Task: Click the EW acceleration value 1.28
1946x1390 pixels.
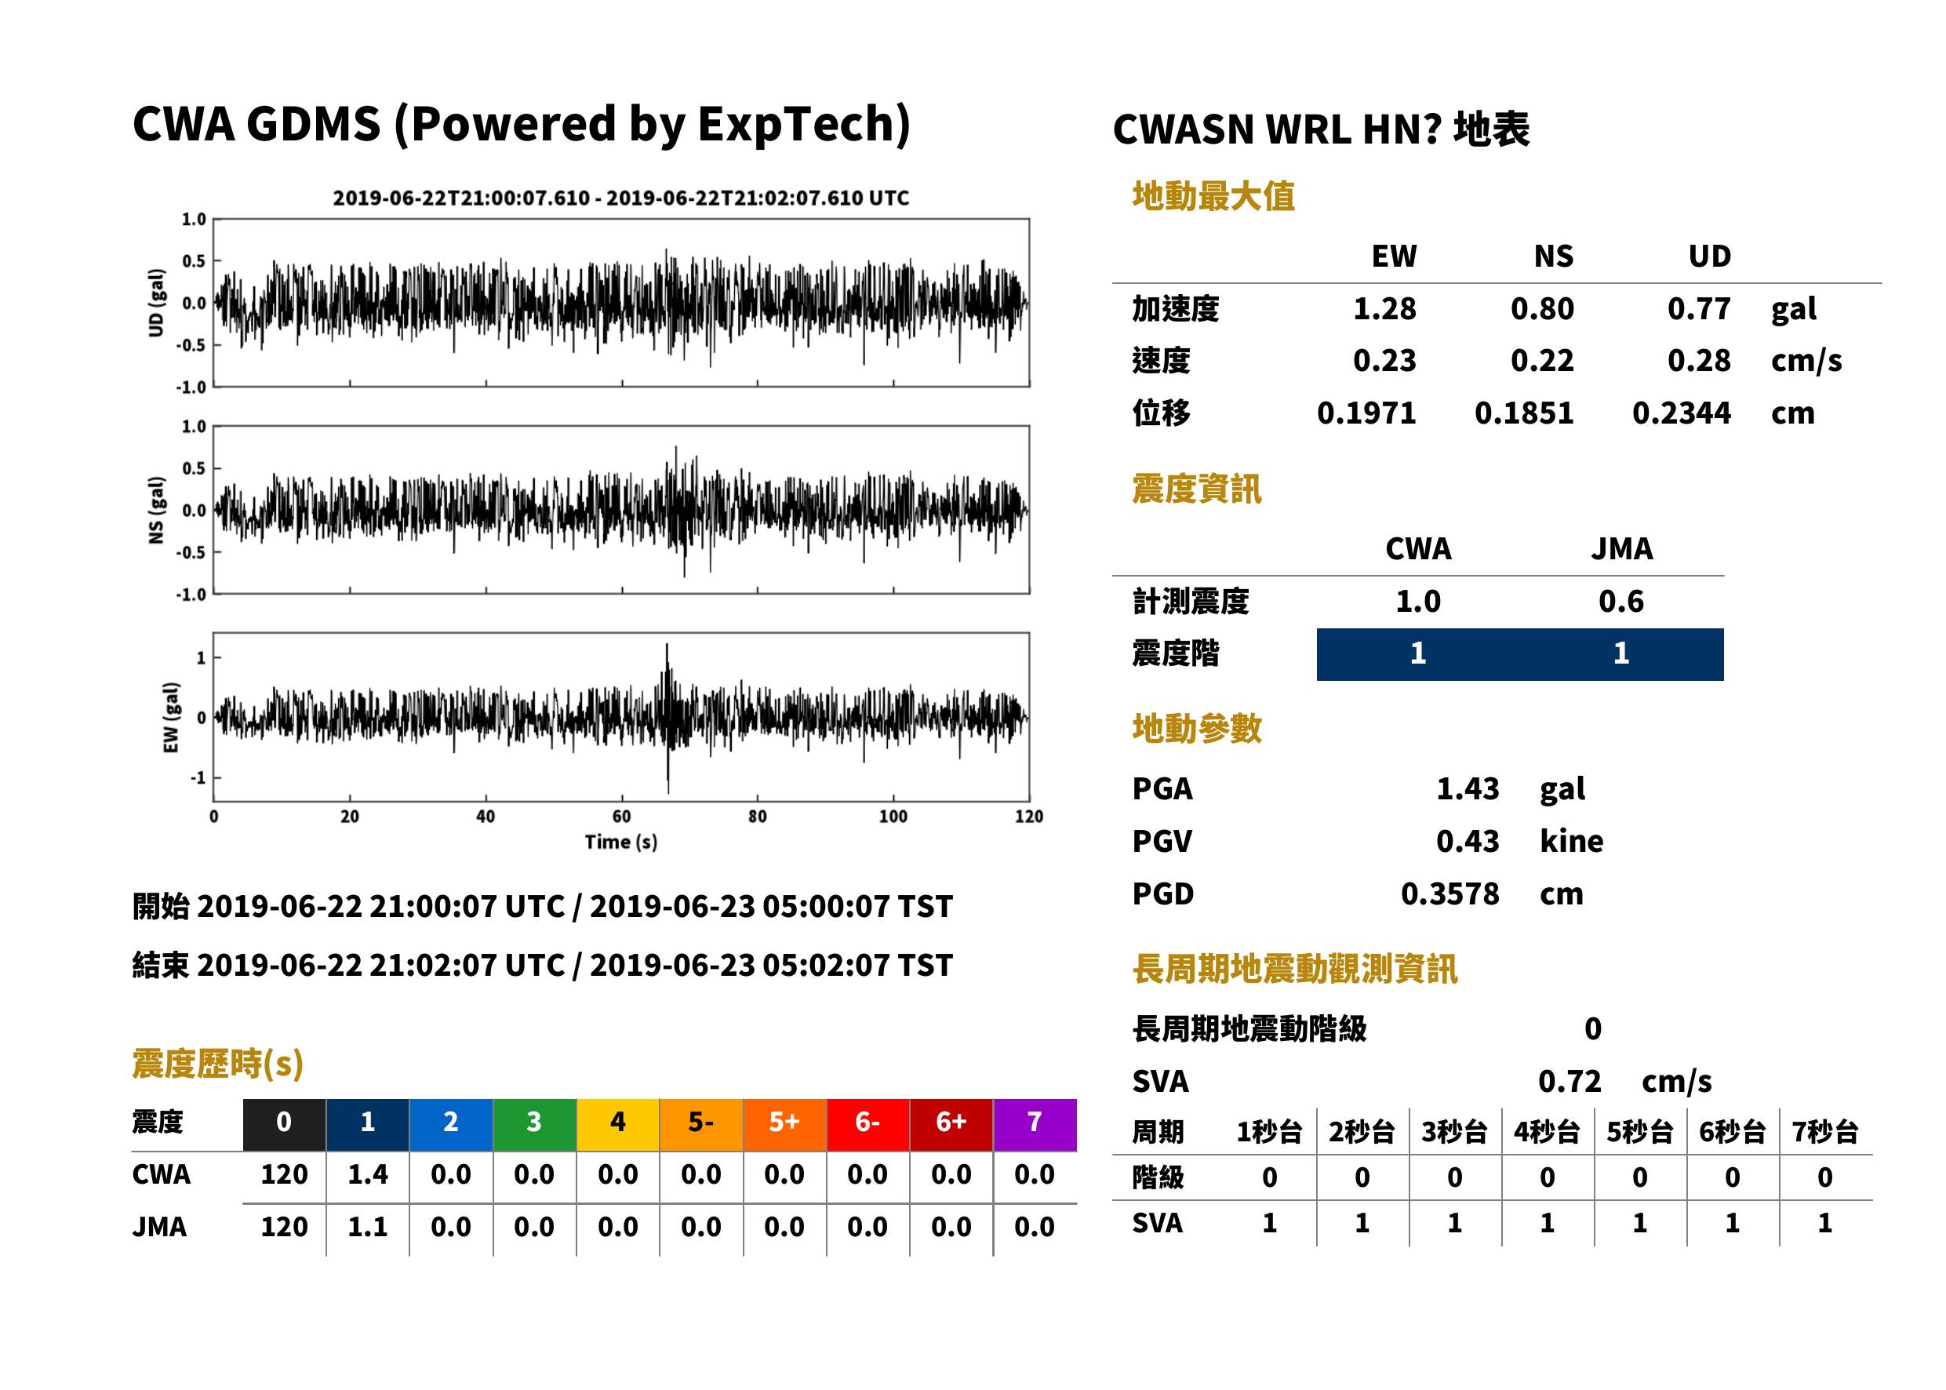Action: coord(1384,309)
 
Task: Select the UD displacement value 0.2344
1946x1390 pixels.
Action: coord(1681,413)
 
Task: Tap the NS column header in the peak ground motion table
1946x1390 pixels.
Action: coord(1553,256)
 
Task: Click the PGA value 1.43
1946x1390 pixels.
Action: coord(1468,788)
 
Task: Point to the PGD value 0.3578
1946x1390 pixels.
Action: coord(1449,893)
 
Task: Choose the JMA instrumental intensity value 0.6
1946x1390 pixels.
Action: coord(1620,601)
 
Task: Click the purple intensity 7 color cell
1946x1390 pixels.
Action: coord(1035,1124)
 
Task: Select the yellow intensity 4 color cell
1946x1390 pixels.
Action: coord(618,1124)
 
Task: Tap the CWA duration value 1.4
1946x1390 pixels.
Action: coord(367,1174)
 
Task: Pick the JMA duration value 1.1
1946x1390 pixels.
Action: coord(367,1227)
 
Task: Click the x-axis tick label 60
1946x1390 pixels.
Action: coord(621,817)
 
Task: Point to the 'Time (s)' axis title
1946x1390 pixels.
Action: coord(621,842)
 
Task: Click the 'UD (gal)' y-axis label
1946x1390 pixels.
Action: coord(156,303)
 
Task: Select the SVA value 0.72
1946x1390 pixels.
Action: coord(1569,1081)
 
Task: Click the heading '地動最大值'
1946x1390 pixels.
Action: coord(1213,196)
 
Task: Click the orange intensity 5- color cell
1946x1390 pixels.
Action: coord(701,1124)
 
